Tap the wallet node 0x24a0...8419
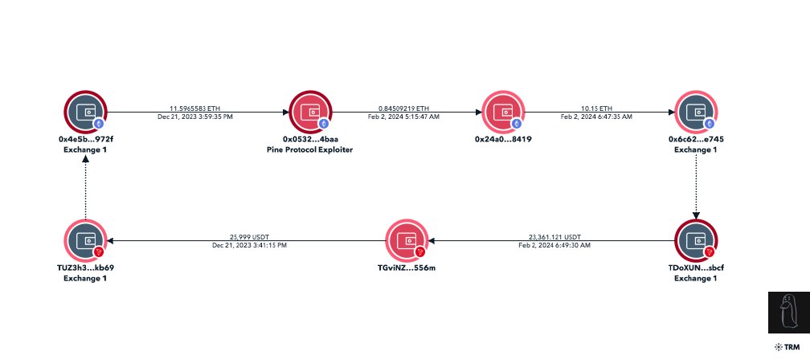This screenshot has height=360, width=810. tap(503, 112)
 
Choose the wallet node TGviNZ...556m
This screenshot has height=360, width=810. tap(406, 240)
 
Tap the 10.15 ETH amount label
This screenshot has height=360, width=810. tap(595, 107)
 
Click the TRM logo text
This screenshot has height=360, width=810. tap(790, 346)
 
